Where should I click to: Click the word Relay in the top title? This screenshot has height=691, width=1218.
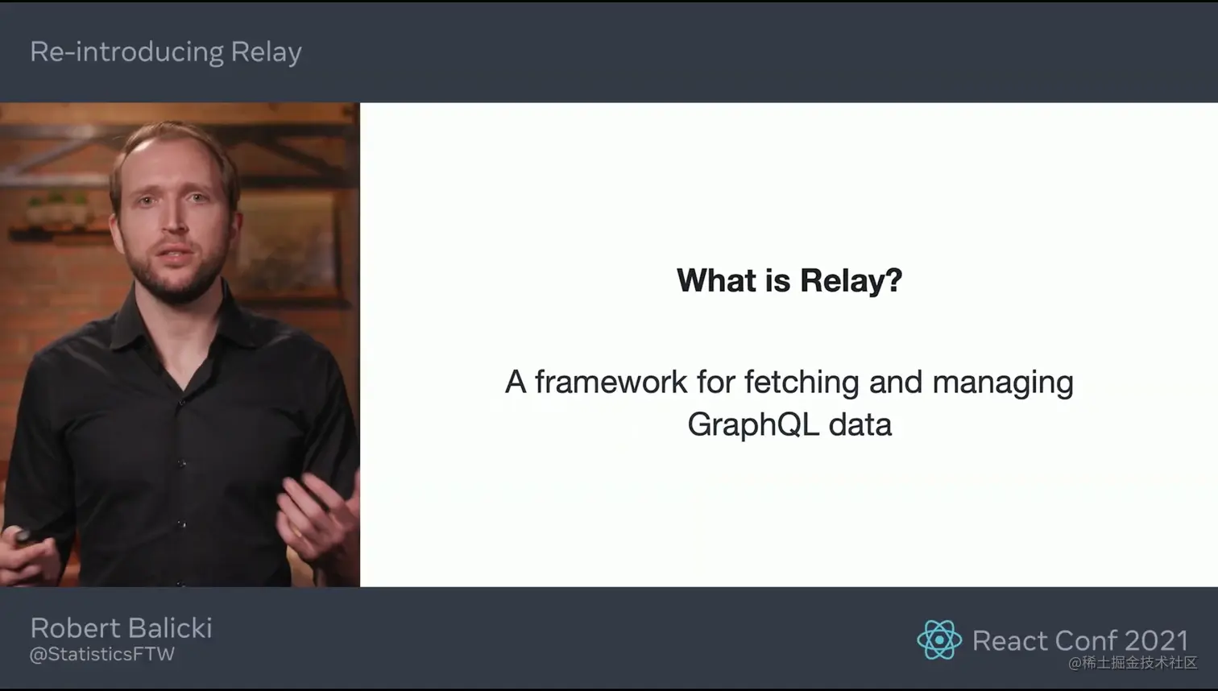[266, 52]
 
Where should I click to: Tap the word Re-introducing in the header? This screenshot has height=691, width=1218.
[126, 52]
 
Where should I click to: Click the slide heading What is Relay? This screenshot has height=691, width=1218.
[789, 280]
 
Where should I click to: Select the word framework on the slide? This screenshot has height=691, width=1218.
[611, 382]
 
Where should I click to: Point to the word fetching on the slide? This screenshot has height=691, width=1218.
[802, 383]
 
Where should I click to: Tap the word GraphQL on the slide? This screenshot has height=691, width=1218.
[753, 425]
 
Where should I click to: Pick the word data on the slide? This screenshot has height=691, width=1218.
[860, 424]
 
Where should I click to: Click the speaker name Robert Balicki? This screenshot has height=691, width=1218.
[121, 628]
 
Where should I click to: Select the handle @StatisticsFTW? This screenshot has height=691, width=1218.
[102, 654]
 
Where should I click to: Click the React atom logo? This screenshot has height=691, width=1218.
[939, 640]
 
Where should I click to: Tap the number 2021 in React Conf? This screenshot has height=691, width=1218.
[1156, 640]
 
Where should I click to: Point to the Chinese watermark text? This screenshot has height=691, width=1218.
[1133, 663]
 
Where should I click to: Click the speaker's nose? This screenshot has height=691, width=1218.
[175, 217]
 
